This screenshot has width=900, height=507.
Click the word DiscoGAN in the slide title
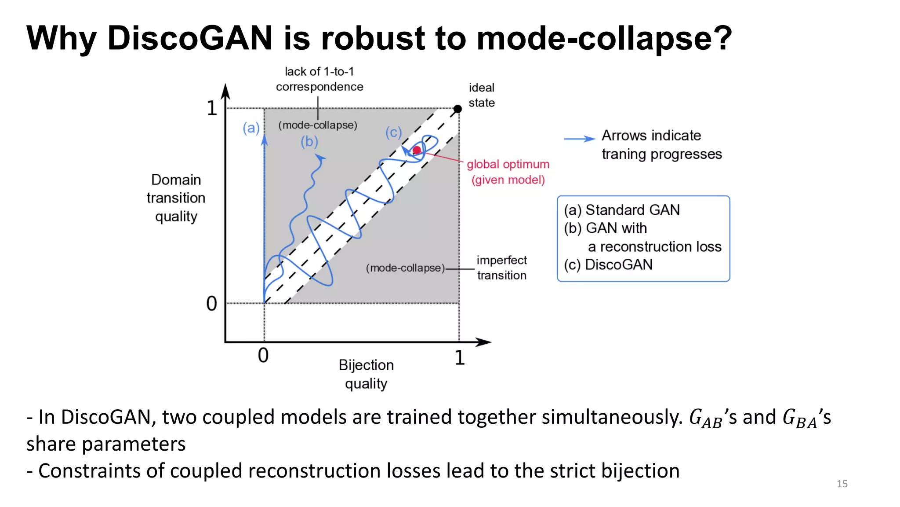pos(190,38)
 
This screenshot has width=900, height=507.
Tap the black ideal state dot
pos(457,109)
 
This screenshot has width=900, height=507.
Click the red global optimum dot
pos(417,150)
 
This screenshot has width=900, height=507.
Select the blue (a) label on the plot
pos(251,128)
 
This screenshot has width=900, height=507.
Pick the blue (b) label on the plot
pos(309,141)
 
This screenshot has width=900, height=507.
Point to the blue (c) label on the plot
pos(394,132)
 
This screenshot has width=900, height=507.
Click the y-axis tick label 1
pos(212,108)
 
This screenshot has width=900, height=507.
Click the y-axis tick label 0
pos(212,304)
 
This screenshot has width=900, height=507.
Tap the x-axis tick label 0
pos(263,356)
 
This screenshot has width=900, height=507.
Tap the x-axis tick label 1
pos(460,358)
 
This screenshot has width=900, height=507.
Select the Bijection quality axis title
pos(366,374)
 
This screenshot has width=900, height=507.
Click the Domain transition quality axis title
pos(176,198)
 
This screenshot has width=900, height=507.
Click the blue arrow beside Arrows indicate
pos(579,139)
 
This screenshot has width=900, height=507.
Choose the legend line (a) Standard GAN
pos(622,210)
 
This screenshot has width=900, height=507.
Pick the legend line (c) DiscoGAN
pos(608,265)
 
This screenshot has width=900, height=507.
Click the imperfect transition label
pos(501,268)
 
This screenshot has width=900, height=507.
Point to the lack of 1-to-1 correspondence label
pos(319,79)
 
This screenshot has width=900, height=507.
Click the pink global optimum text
pos(508,164)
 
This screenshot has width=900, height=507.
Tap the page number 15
pos(842,484)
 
